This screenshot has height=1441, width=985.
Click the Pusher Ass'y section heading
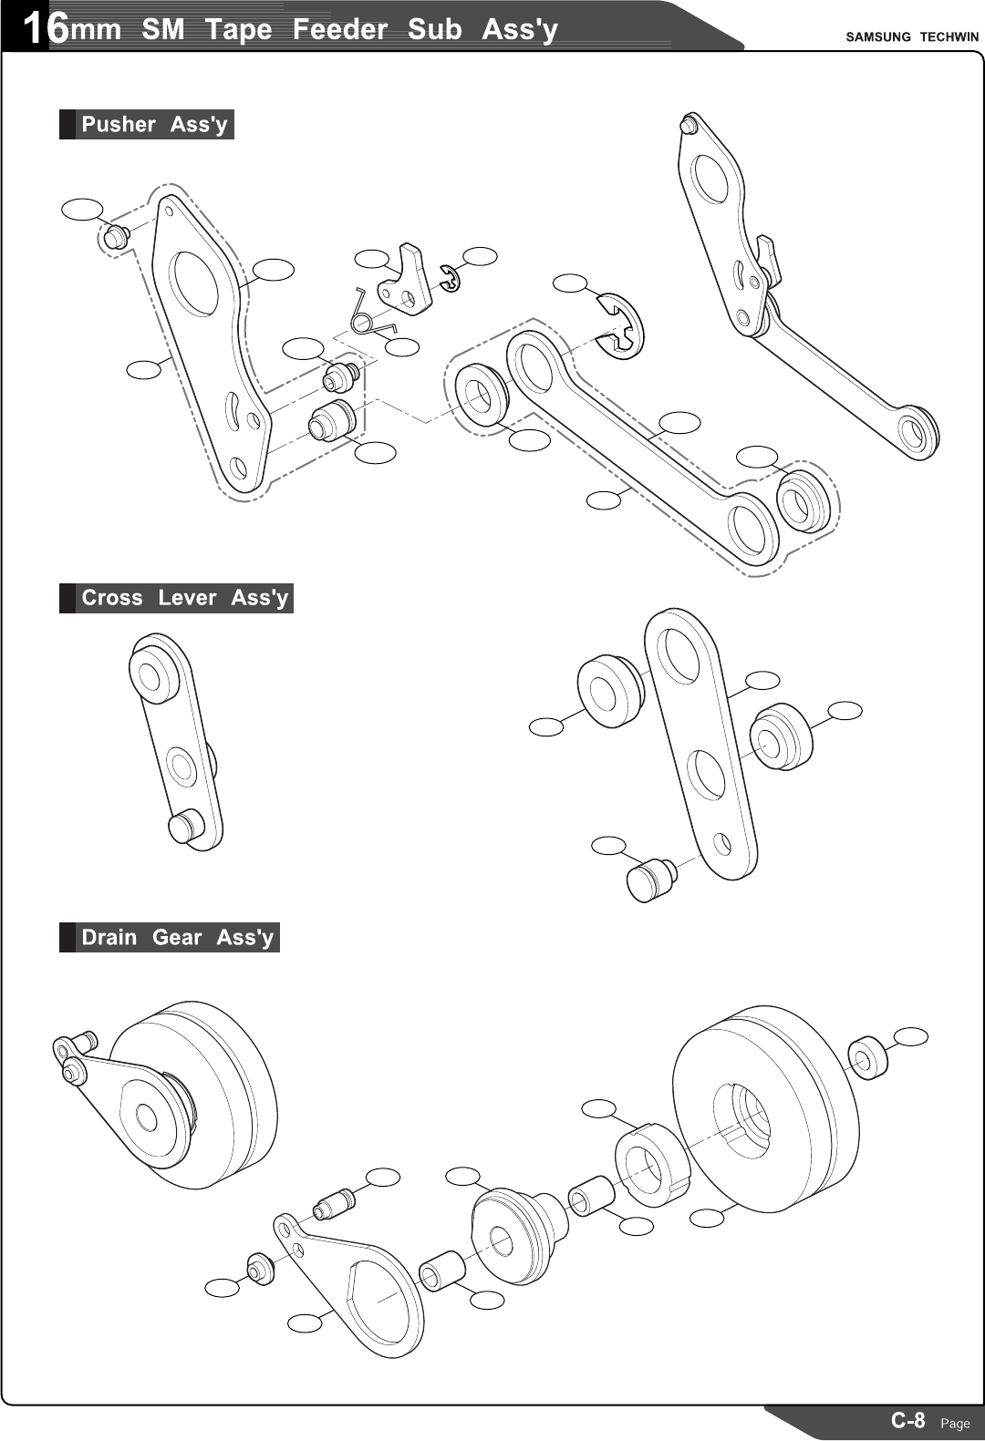[153, 124]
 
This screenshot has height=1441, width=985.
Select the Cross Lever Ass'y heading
[183, 598]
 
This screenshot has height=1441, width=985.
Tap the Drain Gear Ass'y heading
[177, 937]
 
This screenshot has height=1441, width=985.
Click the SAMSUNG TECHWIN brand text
[911, 36]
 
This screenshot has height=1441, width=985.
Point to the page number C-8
[907, 1420]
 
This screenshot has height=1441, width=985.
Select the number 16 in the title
[44, 28]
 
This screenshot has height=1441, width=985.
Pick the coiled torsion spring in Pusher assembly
[365, 314]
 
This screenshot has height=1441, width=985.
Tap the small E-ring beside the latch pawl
[450, 279]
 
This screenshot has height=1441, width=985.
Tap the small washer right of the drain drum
[867, 1056]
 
